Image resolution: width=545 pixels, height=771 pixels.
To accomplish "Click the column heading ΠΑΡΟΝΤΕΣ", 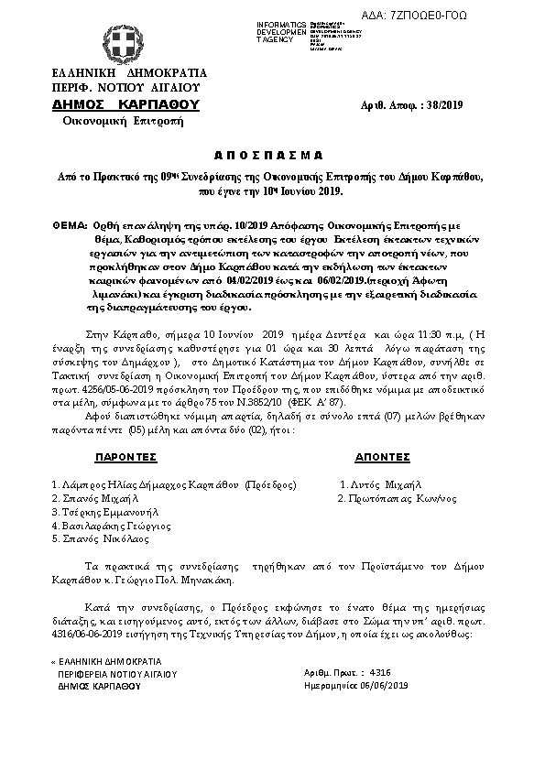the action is (x=126, y=456).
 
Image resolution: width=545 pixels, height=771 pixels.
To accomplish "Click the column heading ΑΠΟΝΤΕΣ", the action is (x=382, y=456).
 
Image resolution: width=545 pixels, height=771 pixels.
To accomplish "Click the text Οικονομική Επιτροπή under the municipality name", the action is (x=111, y=122).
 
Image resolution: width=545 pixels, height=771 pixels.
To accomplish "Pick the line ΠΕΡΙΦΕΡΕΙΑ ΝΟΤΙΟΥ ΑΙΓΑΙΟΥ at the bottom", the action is (x=116, y=673).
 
